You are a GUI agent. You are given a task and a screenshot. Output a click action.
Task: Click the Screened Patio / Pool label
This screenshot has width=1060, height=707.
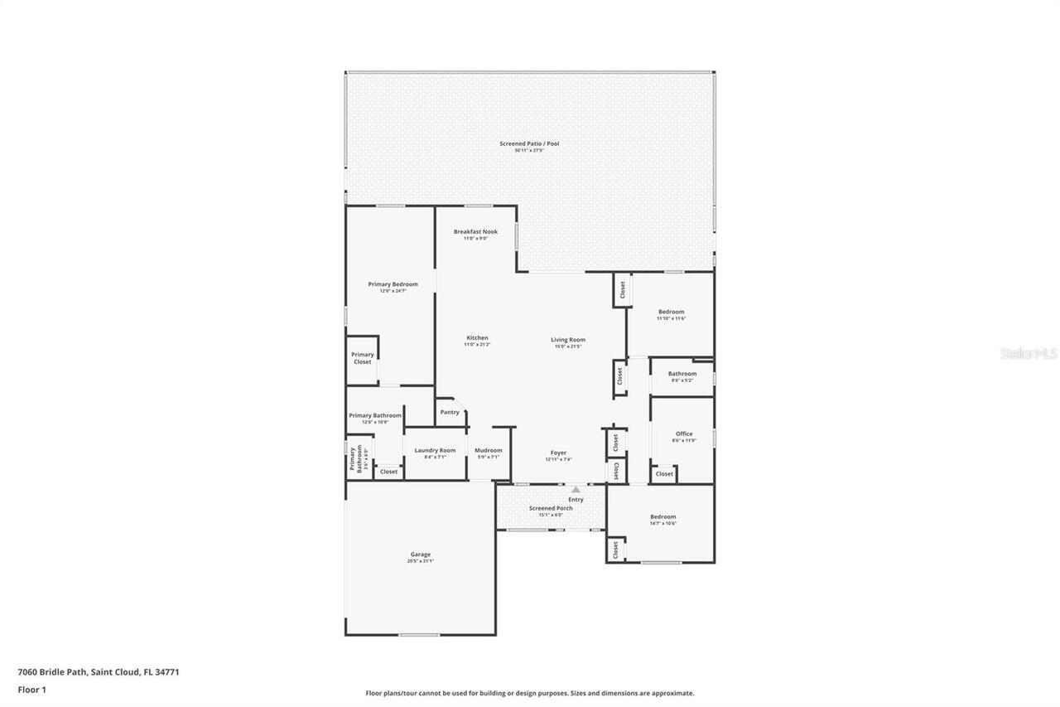click(529, 143)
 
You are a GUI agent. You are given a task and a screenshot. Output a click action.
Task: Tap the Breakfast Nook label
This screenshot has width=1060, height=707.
click(475, 232)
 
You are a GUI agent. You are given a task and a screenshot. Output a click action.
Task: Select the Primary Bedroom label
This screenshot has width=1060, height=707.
click(393, 284)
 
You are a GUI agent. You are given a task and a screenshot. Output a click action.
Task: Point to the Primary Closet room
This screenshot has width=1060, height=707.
click(363, 358)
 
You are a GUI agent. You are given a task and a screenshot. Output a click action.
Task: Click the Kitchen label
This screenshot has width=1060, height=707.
click(477, 337)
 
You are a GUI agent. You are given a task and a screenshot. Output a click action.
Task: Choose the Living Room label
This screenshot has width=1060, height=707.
click(568, 339)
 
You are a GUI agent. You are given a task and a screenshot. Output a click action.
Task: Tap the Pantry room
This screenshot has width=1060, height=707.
click(450, 412)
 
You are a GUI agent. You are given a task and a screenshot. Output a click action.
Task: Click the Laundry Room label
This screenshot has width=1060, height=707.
click(435, 450)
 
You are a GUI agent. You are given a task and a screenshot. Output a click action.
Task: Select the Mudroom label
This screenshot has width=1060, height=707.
click(489, 450)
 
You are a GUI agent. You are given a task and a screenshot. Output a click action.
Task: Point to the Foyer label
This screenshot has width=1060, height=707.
click(559, 453)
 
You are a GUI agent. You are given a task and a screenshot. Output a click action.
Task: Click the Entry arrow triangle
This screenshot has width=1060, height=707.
click(576, 490)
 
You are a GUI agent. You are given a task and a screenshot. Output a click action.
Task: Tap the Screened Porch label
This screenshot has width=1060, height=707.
click(551, 508)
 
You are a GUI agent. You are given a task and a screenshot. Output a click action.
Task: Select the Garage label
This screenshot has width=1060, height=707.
click(420, 554)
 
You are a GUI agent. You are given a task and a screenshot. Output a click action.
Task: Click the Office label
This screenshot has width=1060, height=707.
click(684, 433)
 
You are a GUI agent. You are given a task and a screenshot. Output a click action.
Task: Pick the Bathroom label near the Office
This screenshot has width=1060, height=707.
click(682, 373)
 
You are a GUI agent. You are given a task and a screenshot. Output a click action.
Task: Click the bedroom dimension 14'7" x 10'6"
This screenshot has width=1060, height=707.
click(662, 524)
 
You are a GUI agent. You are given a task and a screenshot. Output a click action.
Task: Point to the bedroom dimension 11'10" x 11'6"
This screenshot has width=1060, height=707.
click(671, 318)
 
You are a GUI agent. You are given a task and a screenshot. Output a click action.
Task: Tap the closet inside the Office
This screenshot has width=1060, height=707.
click(664, 474)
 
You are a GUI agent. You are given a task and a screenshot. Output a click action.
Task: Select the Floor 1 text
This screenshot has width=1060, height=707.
click(31, 690)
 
